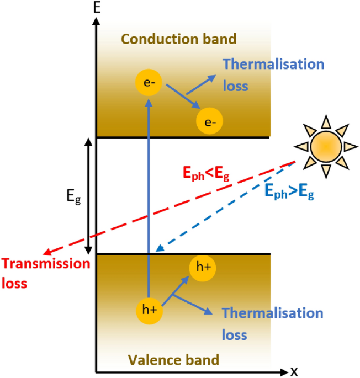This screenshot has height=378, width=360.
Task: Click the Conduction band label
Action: pyautogui.click(x=178, y=39)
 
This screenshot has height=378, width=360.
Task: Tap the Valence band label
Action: pyautogui.click(x=173, y=360)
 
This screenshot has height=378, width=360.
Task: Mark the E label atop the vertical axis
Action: pyautogui.click(x=97, y=7)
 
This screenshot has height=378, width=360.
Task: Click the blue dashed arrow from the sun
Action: pyautogui.click(x=221, y=210)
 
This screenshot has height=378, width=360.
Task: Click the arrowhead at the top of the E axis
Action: pyautogui.click(x=97, y=22)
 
